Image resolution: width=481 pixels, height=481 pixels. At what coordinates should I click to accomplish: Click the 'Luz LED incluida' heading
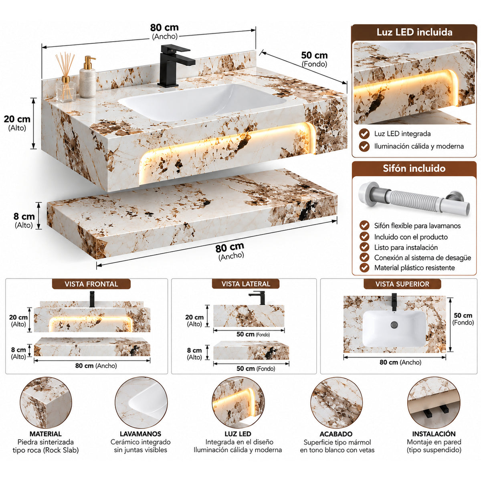(414, 32)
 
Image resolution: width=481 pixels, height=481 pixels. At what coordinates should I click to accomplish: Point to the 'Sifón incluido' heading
(414, 168)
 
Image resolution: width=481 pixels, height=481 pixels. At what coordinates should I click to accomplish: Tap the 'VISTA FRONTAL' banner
(91, 284)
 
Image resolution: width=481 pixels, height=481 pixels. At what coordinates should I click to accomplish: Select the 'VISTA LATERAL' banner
(246, 284)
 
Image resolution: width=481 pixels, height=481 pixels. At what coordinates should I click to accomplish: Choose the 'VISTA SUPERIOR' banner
(402, 284)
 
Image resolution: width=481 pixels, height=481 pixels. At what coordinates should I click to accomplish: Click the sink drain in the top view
(394, 325)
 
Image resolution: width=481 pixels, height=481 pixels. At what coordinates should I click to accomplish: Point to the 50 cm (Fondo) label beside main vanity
(314, 59)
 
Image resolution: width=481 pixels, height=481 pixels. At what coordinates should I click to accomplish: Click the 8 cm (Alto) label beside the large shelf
(24, 220)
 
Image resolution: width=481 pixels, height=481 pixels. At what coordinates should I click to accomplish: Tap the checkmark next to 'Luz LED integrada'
(364, 134)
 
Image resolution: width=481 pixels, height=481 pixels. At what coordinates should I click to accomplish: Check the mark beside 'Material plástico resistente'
(364, 268)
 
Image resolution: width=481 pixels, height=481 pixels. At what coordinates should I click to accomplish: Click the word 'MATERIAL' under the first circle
(46, 434)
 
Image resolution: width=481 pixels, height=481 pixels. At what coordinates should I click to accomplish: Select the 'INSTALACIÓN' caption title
(434, 434)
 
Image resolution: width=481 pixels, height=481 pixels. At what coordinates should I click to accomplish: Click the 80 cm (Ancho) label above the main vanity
(164, 31)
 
